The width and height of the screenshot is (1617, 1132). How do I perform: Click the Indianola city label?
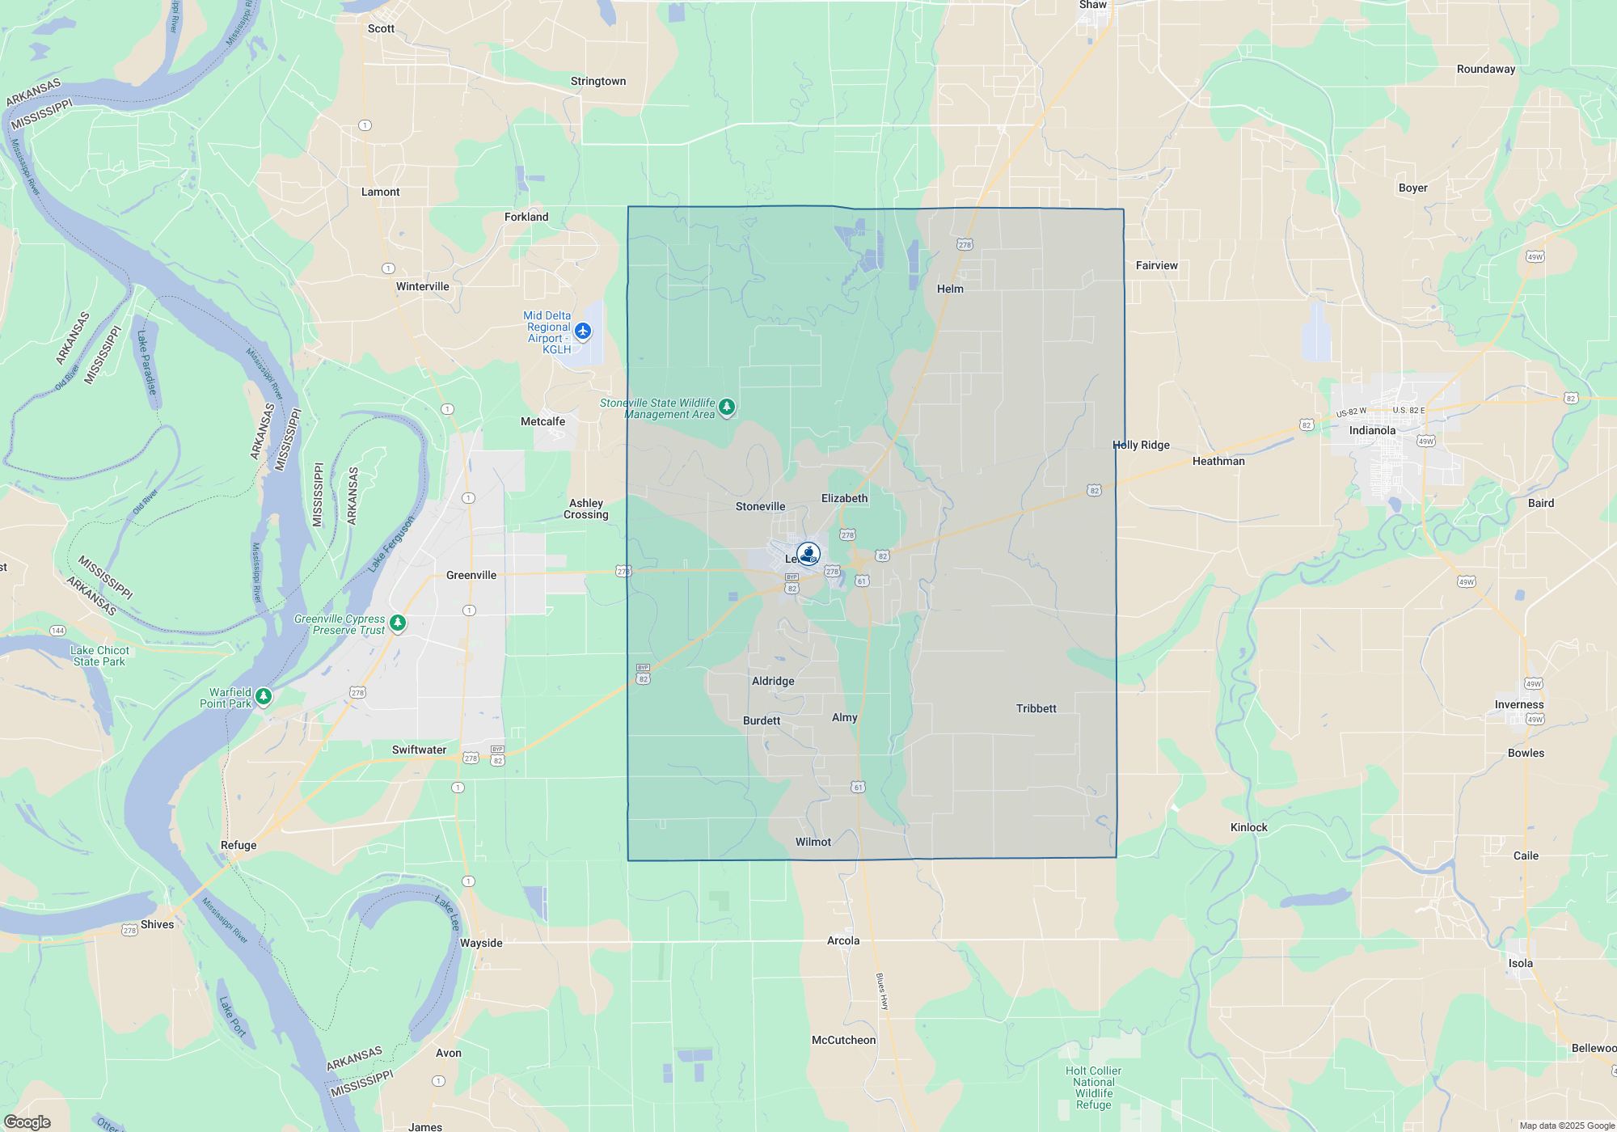pos(1372,430)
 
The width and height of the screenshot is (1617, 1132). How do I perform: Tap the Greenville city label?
pos(471,575)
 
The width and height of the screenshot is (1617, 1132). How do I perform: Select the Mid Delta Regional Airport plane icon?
pos(583,332)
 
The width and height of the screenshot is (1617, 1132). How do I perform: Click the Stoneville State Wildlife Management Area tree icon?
pos(727,407)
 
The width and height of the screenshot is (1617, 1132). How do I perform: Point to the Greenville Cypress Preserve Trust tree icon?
pos(397,623)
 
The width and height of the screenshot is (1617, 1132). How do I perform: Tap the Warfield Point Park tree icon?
pos(264,696)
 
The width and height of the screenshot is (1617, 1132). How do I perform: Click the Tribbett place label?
pos(1036,708)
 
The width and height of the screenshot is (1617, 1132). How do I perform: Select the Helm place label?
pos(950,289)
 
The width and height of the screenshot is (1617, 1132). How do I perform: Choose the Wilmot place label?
pos(813,842)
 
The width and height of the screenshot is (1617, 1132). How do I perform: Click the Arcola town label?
pos(843,940)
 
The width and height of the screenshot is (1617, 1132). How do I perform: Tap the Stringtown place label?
pos(598,81)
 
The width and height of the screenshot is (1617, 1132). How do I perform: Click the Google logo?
pos(27,1121)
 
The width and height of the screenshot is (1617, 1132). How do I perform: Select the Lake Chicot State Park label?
pos(99,656)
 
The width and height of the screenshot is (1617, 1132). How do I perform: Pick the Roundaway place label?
pos(1486,69)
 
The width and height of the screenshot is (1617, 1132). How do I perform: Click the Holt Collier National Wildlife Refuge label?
pos(1093,1088)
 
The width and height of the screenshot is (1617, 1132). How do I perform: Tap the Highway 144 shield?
pos(57,631)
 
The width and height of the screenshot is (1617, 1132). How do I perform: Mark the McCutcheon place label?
pos(843,1040)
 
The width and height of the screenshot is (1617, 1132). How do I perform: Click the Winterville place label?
pos(422,286)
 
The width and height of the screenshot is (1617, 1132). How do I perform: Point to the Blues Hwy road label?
pos(882,991)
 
